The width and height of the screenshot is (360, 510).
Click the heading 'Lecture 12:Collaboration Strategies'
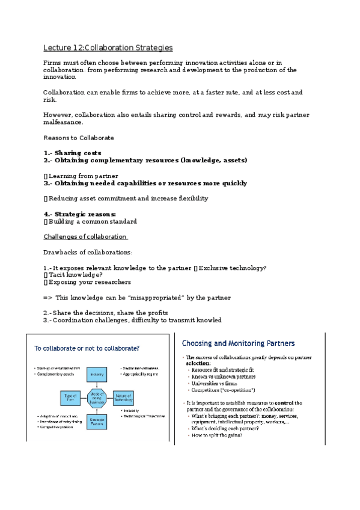coord(108,48)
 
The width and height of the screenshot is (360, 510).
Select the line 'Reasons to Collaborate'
coord(79,138)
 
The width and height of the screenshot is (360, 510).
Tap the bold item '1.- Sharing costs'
coord(73,153)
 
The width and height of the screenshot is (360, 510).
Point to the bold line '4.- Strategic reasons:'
coord(80,214)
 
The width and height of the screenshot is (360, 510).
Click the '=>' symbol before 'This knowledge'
coord(48,298)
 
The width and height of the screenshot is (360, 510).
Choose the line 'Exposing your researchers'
coord(89,282)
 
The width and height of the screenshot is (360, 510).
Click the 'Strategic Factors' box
coord(97,420)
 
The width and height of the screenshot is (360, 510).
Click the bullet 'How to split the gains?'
coord(218,435)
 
